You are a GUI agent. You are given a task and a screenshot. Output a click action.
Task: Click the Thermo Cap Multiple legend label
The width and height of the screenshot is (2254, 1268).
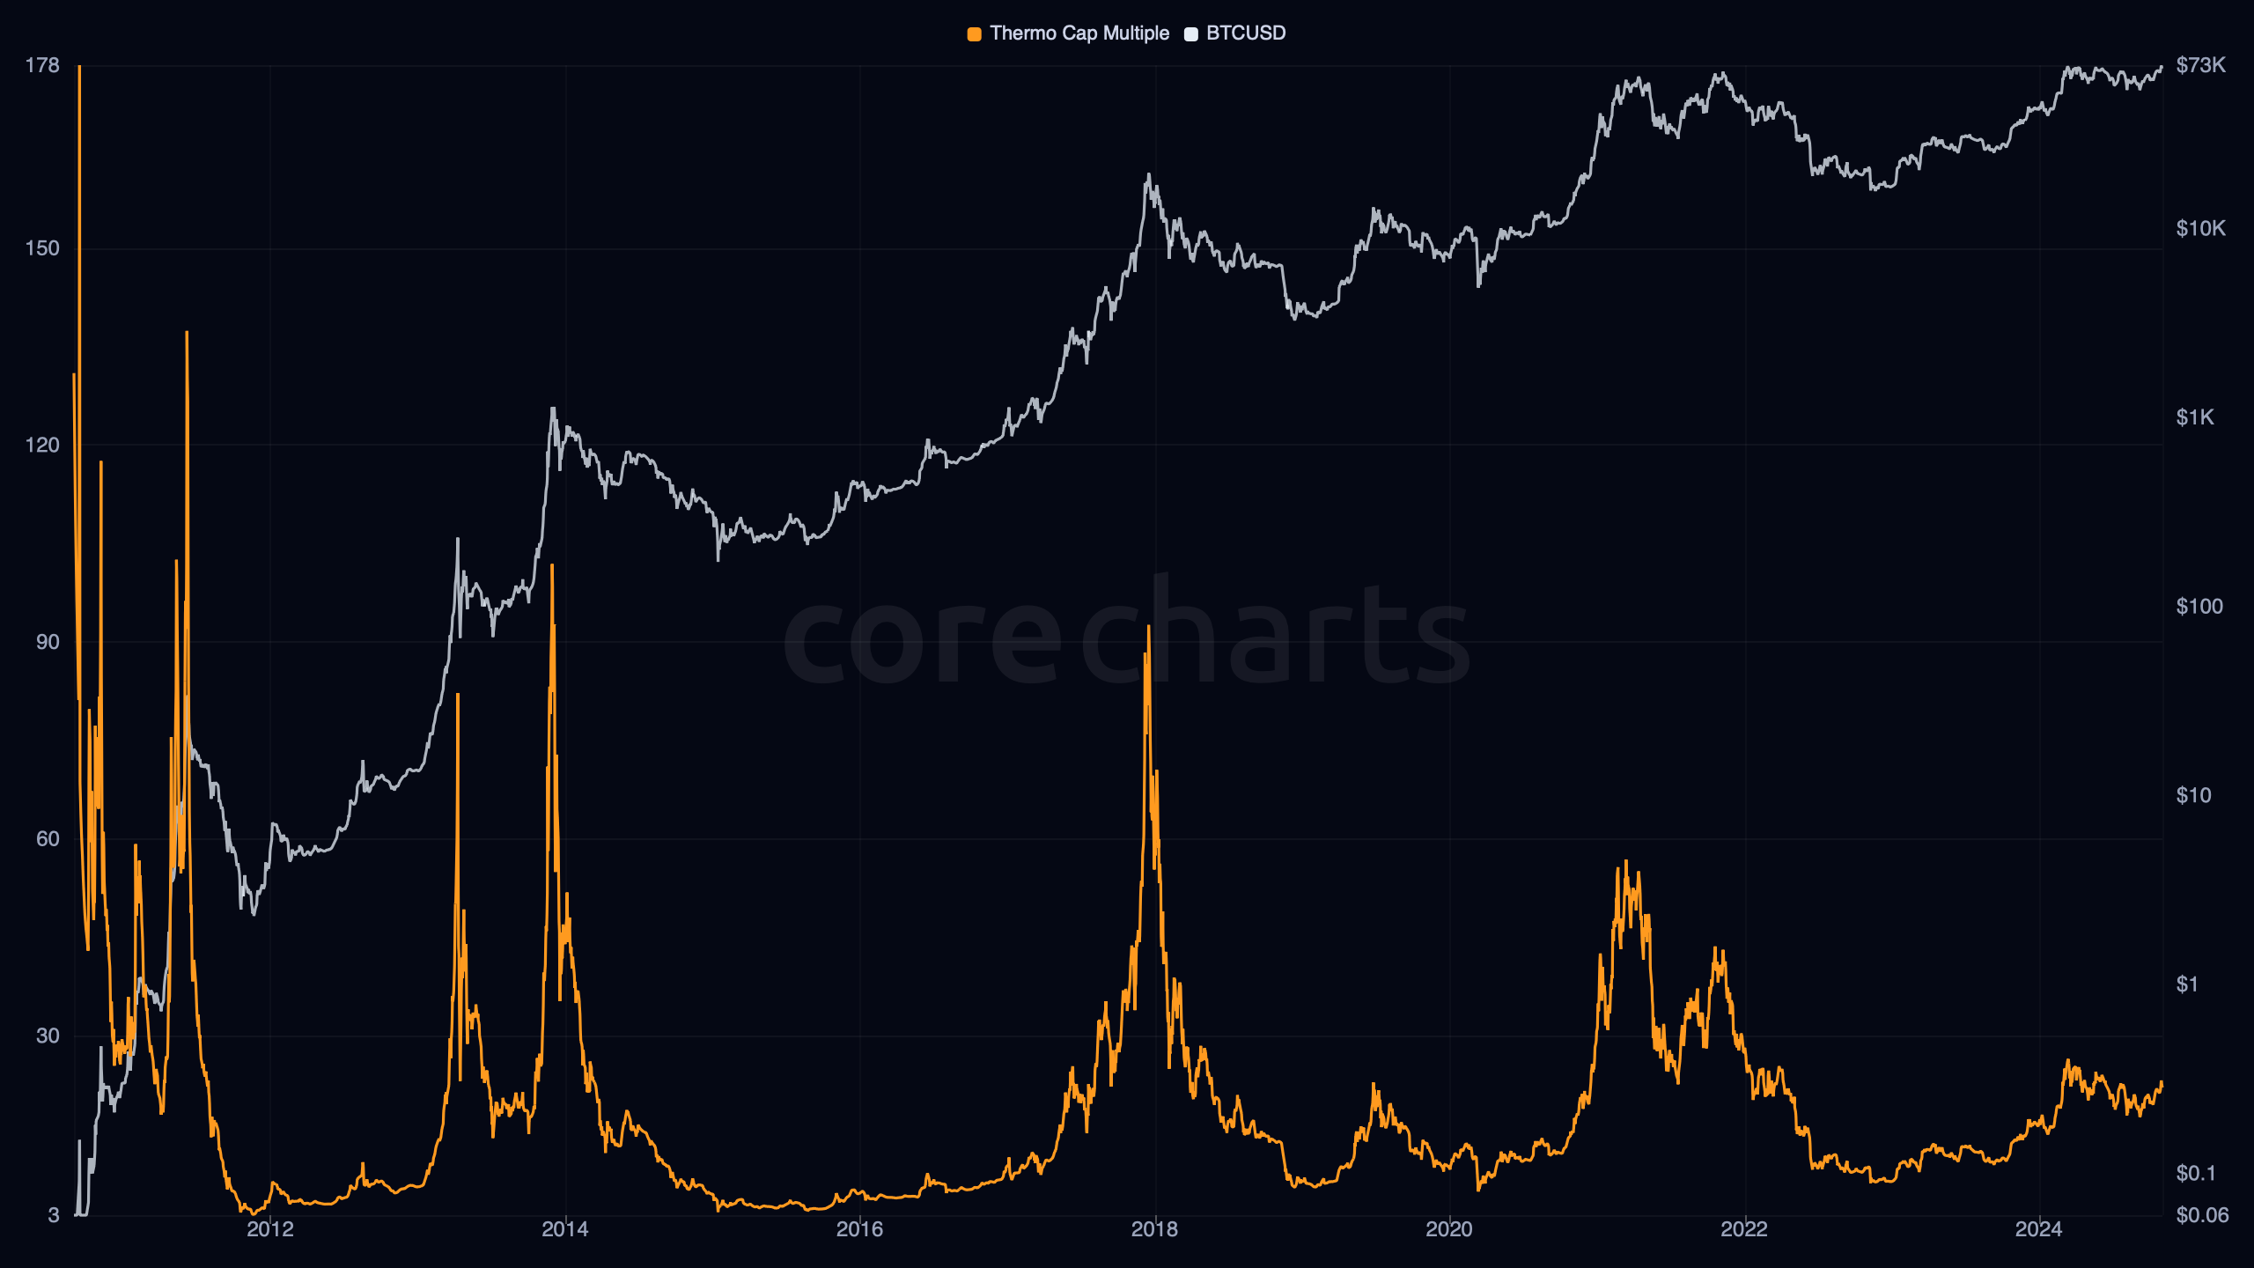(1079, 33)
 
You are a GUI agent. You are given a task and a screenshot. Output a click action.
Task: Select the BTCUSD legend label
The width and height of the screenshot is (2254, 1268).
(1245, 33)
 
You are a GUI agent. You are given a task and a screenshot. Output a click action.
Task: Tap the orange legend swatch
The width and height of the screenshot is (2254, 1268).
(974, 34)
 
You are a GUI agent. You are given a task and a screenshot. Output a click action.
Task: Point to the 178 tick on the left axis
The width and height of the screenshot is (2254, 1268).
(42, 65)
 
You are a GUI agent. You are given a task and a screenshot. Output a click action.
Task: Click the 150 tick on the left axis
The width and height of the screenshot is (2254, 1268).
(42, 248)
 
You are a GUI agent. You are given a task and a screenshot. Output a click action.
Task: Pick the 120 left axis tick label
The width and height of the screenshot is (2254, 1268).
(42, 445)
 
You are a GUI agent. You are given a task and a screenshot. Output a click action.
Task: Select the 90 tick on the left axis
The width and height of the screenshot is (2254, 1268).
(48, 642)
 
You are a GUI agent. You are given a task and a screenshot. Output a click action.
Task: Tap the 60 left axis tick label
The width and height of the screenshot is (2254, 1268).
(48, 839)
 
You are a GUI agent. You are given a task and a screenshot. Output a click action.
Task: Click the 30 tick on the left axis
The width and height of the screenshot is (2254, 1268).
(48, 1036)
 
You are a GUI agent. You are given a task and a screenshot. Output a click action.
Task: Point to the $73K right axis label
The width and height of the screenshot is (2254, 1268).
(2200, 65)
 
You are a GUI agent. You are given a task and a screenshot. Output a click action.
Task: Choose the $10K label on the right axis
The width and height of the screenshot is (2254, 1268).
(2200, 229)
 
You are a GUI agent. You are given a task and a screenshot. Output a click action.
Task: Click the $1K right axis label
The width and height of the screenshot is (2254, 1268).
(2194, 417)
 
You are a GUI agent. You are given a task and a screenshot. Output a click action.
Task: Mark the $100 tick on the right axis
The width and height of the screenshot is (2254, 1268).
(2199, 607)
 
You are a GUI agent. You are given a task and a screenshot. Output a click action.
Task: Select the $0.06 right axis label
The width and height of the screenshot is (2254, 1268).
(2202, 1215)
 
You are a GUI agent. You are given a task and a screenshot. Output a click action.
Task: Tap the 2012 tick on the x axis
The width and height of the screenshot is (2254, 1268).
(269, 1229)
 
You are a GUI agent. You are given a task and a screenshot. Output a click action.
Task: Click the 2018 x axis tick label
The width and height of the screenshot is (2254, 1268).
(1154, 1229)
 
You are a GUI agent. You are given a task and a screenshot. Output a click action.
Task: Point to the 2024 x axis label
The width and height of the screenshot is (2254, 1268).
(2038, 1229)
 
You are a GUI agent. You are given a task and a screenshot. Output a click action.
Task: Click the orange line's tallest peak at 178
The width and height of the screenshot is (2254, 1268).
(79, 67)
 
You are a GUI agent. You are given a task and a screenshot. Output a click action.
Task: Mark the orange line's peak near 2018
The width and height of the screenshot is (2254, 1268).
(1149, 627)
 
